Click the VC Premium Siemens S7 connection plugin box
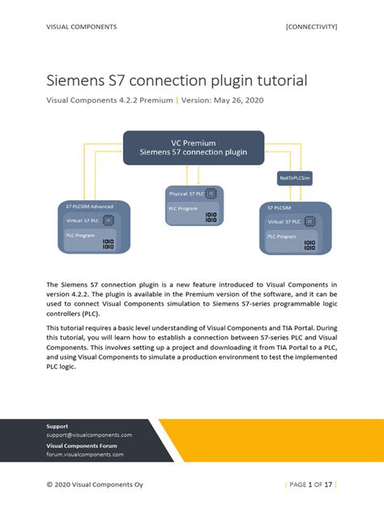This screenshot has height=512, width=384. pyautogui.click(x=193, y=147)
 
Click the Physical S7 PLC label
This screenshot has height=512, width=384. pyautogui.click(x=186, y=194)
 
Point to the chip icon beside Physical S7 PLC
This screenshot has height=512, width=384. pyautogui.click(x=212, y=194)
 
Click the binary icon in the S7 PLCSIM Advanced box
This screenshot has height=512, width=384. pyautogui.click(x=109, y=244)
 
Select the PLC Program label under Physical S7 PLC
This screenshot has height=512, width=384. pyautogui.click(x=183, y=208)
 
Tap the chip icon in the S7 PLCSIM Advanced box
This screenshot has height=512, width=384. pyautogui.click(x=109, y=220)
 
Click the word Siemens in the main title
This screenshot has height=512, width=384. pyautogui.click(x=76, y=81)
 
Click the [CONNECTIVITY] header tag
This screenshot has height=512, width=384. pyautogui.click(x=311, y=27)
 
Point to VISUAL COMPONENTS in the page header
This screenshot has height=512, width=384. pyautogui.click(x=81, y=27)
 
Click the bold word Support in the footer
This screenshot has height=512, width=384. pyautogui.click(x=58, y=425)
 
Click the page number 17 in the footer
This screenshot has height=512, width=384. pyautogui.click(x=329, y=484)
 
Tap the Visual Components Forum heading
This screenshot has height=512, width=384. pyautogui.click(x=81, y=446)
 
